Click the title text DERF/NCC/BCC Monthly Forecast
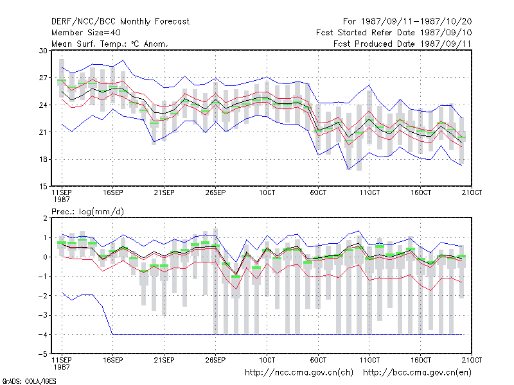(x=120, y=22)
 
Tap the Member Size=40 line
(x=86, y=33)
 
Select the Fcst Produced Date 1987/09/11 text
(x=402, y=44)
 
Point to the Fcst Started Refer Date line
(x=394, y=33)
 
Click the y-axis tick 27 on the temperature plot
(x=43, y=78)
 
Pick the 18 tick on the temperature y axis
(x=43, y=159)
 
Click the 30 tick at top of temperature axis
(x=43, y=51)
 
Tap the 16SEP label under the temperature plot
(x=113, y=193)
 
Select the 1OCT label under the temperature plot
(x=267, y=193)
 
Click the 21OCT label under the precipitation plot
(x=472, y=360)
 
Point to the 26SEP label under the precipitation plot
(x=215, y=360)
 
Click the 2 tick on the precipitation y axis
(x=45, y=218)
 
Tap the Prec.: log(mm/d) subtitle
(x=87, y=212)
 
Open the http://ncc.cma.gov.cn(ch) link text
(x=299, y=373)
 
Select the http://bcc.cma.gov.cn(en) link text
(x=417, y=373)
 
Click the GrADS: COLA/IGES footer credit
(x=29, y=381)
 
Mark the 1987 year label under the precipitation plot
(x=62, y=367)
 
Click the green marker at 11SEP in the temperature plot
(x=62, y=80)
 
